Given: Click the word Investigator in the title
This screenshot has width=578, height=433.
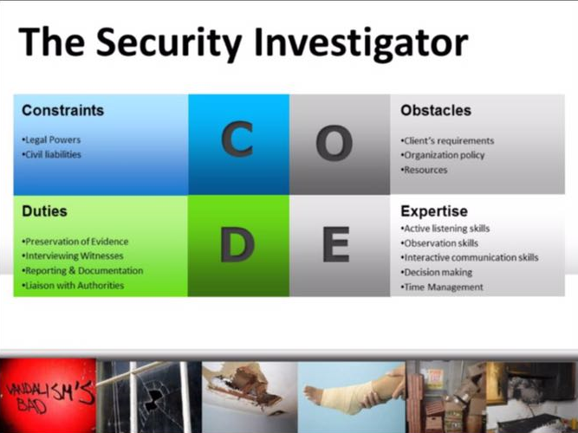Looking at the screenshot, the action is (360, 42).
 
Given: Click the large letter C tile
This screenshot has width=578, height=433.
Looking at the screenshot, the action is (239, 145).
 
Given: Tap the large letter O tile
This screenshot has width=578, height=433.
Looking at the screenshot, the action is (340, 145).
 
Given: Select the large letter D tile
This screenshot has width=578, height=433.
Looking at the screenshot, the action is (239, 246).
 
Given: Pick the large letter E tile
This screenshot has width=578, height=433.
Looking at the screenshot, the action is (340, 246).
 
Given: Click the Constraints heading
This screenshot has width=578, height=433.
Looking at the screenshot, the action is (62, 111).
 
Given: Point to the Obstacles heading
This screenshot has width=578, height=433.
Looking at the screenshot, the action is (436, 111).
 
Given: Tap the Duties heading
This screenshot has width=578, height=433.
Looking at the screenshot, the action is (44, 211).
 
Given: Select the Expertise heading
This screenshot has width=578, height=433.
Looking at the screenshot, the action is (434, 211).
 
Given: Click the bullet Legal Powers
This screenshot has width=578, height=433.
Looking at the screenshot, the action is (51, 140).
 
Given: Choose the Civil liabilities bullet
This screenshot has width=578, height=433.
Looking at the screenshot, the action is (51, 154).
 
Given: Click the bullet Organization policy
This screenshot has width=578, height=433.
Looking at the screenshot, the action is (443, 155).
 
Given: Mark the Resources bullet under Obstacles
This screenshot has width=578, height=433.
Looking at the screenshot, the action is (424, 170).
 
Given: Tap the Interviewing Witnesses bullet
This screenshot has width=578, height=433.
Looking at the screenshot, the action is (73, 255).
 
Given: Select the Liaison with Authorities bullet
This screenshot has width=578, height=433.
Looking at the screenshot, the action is (73, 285).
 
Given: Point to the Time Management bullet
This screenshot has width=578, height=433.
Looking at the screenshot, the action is (442, 287).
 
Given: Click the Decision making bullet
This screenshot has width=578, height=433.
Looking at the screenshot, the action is (437, 272).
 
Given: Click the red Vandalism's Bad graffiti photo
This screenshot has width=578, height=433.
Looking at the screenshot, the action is (48, 396).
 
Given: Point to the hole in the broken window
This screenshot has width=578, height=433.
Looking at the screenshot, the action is (153, 398).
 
